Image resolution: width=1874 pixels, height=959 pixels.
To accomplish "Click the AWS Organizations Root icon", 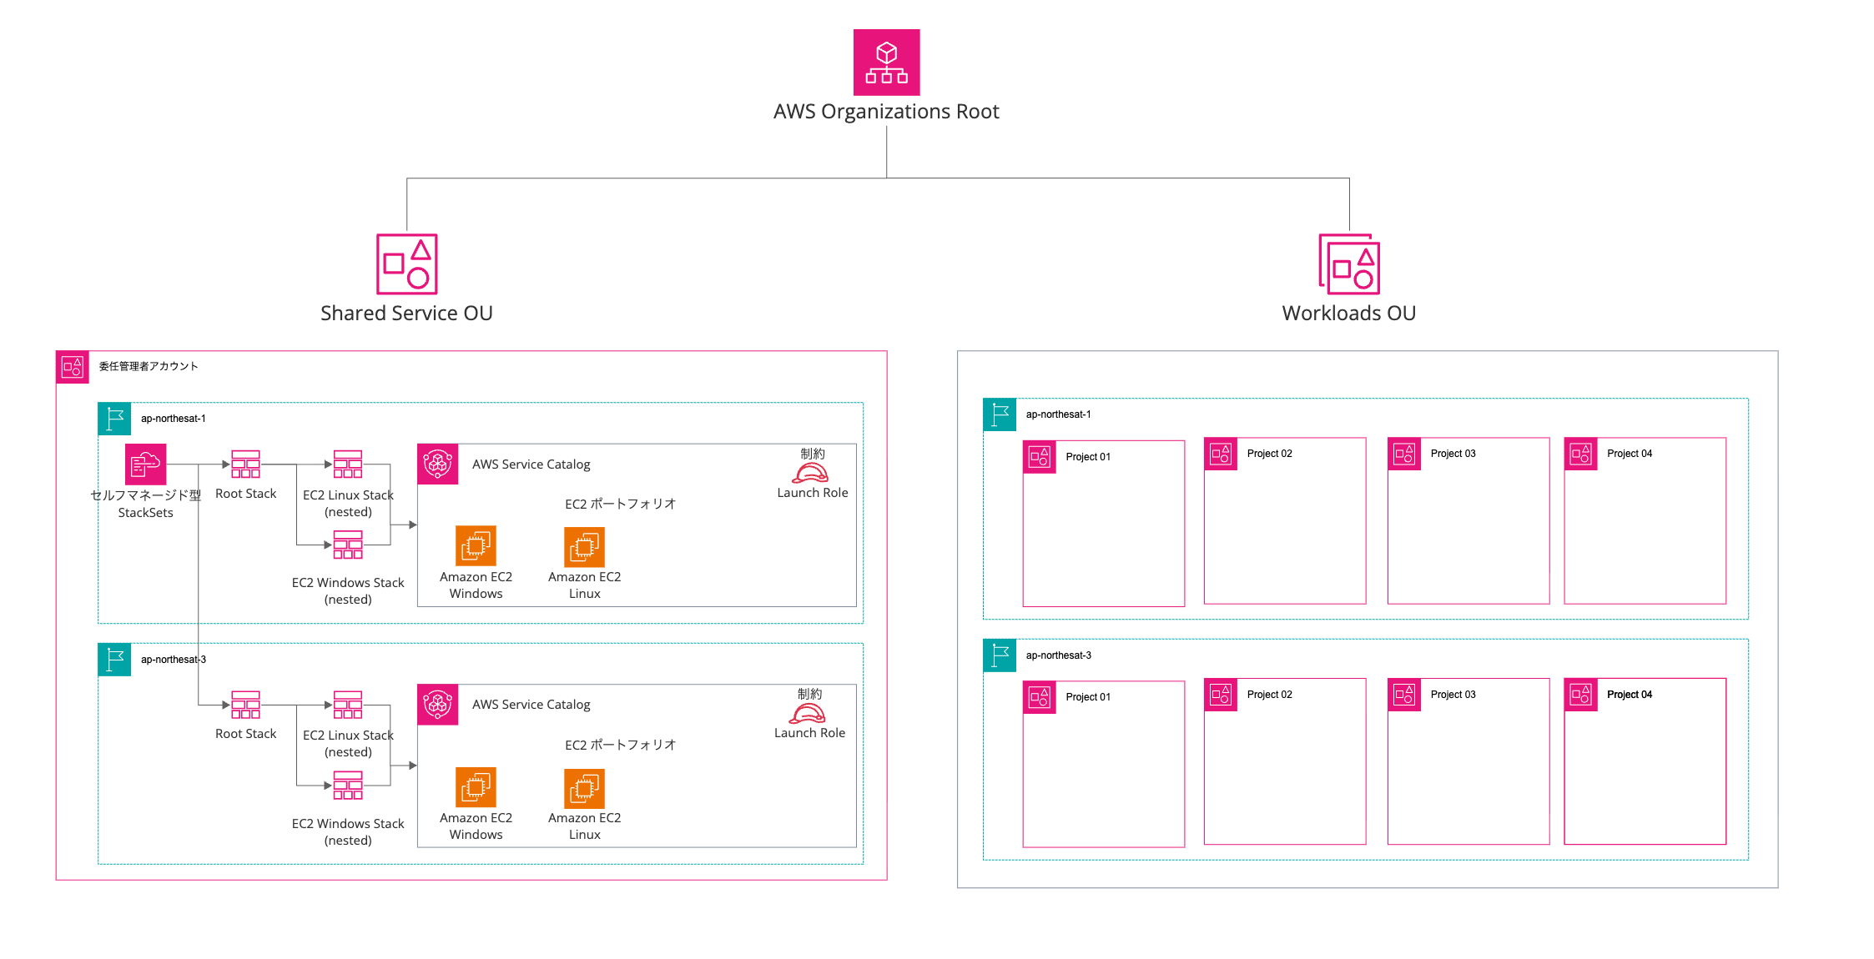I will [886, 63].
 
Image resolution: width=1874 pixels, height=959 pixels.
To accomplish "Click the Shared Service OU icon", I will [406, 264].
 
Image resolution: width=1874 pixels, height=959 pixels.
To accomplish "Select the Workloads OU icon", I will [1348, 264].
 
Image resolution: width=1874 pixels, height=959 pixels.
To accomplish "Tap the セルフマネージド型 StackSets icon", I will [145, 464].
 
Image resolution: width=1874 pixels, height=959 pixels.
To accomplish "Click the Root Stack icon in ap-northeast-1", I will [245, 464].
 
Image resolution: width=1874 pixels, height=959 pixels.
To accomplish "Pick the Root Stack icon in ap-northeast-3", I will [245, 705].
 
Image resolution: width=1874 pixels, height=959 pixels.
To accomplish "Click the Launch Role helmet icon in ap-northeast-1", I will [810, 474].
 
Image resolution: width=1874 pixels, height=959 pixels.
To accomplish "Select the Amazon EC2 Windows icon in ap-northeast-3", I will [476, 787].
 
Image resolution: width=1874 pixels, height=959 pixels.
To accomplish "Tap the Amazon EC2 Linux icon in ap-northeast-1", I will [584, 547].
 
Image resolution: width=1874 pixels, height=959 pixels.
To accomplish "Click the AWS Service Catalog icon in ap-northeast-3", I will [438, 705].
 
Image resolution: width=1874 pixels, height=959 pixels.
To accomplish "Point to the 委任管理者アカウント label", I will [149, 366].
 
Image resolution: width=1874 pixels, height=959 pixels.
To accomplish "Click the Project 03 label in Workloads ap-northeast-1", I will [1453, 454].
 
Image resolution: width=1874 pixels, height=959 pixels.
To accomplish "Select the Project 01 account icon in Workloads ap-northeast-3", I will [1040, 697].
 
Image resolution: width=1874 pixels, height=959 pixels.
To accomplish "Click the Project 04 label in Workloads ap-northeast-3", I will [1629, 695].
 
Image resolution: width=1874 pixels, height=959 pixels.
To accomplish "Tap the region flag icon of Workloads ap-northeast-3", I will [1000, 655].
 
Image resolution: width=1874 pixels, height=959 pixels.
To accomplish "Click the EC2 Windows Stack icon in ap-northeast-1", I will [348, 545].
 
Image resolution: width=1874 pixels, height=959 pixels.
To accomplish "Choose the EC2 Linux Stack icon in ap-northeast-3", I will [348, 705].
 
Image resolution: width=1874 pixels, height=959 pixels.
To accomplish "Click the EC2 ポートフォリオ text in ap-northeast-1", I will [620, 504].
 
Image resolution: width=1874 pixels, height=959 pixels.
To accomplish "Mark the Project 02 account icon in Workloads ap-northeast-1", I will [1221, 454].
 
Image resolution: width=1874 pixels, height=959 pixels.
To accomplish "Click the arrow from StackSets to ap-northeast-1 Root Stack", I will [200, 464].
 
